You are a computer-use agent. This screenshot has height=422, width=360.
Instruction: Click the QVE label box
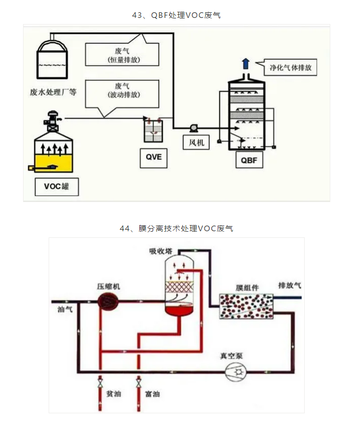(x=154, y=157)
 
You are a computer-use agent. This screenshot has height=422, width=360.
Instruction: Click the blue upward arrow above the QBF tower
(x=246, y=63)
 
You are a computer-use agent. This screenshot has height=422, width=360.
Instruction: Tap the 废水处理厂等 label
(x=53, y=93)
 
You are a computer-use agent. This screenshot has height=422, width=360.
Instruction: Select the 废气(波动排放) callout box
(x=120, y=91)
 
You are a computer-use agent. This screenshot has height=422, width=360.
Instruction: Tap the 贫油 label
(x=113, y=394)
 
